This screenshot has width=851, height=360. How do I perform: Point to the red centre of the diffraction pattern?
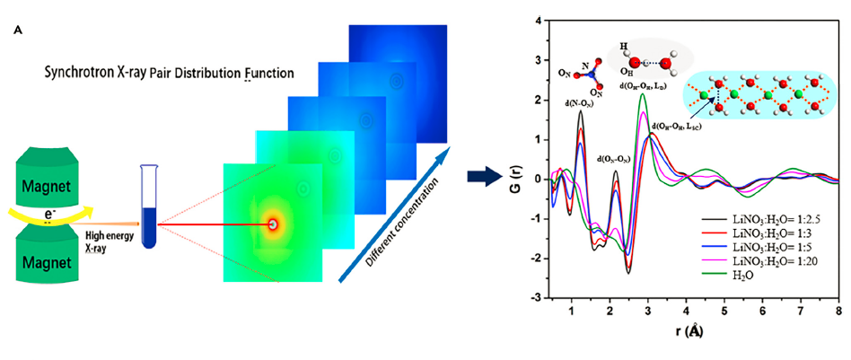pos(271,224)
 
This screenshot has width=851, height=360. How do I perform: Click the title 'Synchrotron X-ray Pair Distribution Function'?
pos(170,71)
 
